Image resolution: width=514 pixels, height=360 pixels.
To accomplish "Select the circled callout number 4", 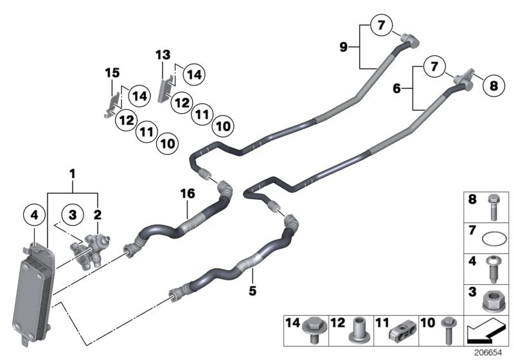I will coord(33,215).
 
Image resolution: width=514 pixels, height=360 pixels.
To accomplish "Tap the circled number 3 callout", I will coord(73,214).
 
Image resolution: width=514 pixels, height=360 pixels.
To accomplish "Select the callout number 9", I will coord(345,46).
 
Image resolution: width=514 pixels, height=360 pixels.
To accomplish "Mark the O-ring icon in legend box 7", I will coord(492,239).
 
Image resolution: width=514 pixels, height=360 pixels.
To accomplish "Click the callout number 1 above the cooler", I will coord(73,174).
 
